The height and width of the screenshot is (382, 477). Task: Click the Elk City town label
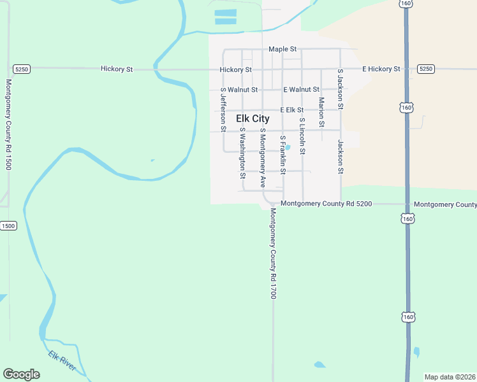pyautogui.click(x=253, y=118)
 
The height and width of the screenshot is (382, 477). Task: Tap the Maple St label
pyautogui.click(x=283, y=49)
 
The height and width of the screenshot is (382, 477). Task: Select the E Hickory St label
pyautogui.click(x=381, y=69)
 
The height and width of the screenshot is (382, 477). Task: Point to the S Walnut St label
pyautogui.click(x=239, y=90)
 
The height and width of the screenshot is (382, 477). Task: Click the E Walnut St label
pyautogui.click(x=301, y=90)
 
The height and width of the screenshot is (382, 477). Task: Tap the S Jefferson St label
pyautogui.click(x=223, y=110)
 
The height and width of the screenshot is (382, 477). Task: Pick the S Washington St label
pyautogui.click(x=242, y=152)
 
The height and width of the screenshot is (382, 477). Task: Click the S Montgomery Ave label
pyautogui.click(x=262, y=158)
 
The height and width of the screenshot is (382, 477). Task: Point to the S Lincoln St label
pyautogui.click(x=302, y=136)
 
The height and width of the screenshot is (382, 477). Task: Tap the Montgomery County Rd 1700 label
pyautogui.click(x=272, y=253)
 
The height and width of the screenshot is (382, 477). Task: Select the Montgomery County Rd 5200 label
pyautogui.click(x=326, y=204)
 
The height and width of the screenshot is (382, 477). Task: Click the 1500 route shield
pyautogui.click(x=8, y=226)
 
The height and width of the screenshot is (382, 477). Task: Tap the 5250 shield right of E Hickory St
pyautogui.click(x=426, y=69)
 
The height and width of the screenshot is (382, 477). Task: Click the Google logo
pyautogui.click(x=21, y=374)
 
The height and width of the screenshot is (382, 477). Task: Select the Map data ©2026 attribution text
pyautogui.click(x=450, y=377)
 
